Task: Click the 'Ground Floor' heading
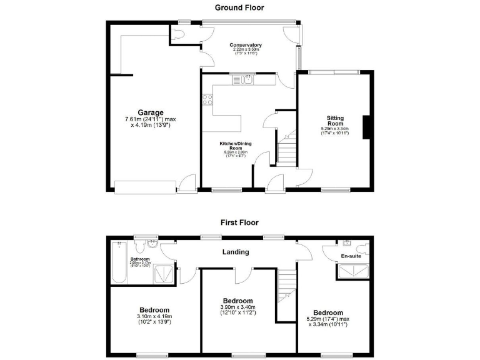tap(239, 8)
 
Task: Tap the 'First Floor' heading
tap(239, 222)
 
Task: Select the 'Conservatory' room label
tap(246, 45)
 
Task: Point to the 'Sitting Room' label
tap(337, 121)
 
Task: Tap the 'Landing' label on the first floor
tap(236, 252)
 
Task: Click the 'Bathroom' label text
tap(140, 259)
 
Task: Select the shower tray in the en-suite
tap(353, 270)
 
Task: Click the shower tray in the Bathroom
tap(164, 273)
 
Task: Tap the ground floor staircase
tap(285, 151)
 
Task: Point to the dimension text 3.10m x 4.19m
tap(154, 317)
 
